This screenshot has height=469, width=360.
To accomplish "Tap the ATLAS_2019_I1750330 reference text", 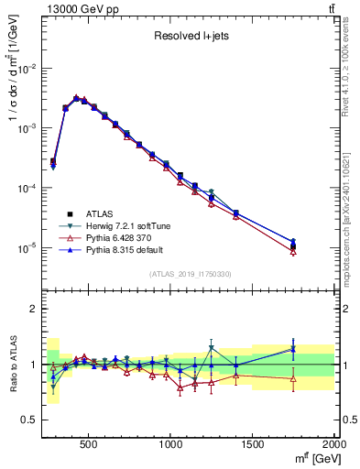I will (189, 274).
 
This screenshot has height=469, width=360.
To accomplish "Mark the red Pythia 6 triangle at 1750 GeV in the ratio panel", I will (293, 378).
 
